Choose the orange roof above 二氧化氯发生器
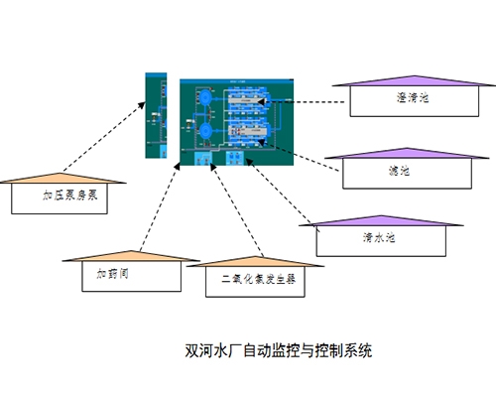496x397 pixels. coord(252,261)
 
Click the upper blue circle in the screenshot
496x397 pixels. coord(203,99)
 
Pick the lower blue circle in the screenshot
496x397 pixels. coord(203,130)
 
